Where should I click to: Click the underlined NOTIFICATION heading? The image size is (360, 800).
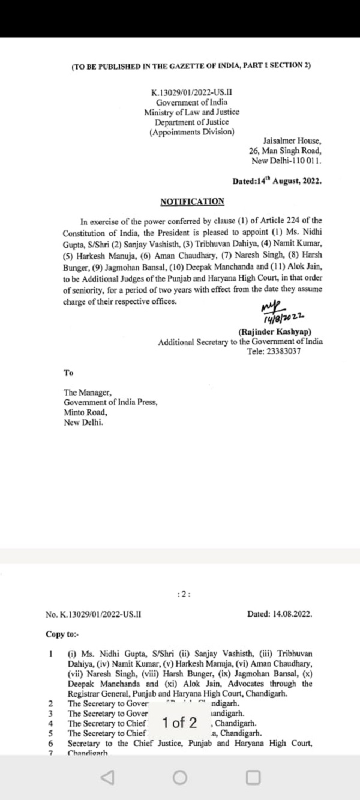click(x=192, y=202)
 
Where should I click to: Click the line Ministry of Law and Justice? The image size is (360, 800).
click(x=191, y=112)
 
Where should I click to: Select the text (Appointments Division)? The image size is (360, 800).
click(x=191, y=131)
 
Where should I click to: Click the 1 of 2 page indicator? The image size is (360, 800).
click(x=179, y=723)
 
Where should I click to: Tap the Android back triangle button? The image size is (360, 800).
click(x=107, y=778)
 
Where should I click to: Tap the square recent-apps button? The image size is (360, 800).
click(x=253, y=778)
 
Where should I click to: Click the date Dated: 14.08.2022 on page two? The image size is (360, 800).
click(x=280, y=615)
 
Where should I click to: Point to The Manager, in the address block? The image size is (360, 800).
click(x=88, y=394)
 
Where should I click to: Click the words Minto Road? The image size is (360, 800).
click(x=86, y=412)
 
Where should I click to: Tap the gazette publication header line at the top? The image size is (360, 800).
click(x=191, y=65)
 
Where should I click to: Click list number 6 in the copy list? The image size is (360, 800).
click(x=50, y=744)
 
